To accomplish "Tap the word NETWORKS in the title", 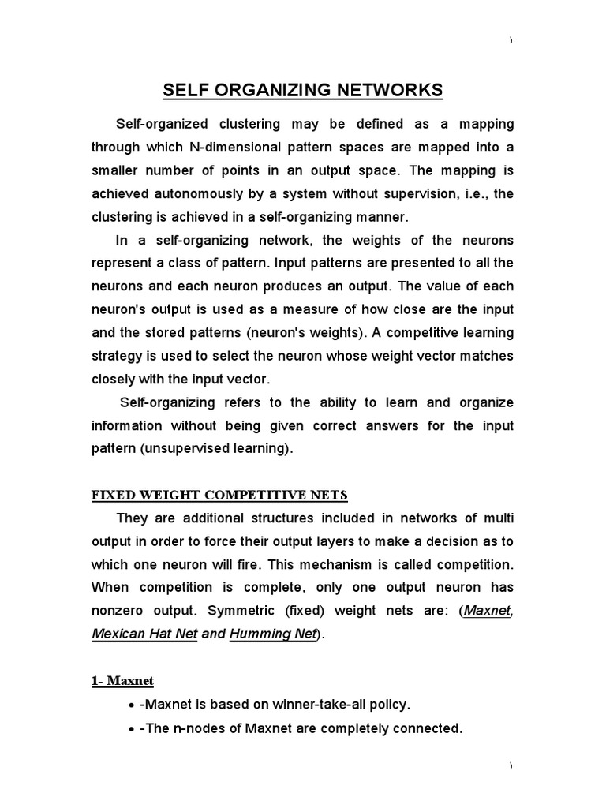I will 395,91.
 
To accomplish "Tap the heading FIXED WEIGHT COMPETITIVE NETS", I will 219,496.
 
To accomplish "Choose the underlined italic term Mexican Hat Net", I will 144,634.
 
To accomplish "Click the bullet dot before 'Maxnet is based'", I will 130,705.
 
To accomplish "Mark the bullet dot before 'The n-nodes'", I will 130,729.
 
